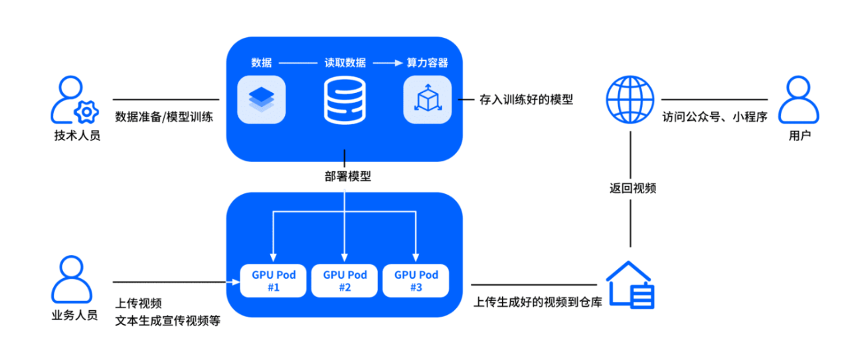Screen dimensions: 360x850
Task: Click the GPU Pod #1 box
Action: pyautogui.click(x=273, y=280)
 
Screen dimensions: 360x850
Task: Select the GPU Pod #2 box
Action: pyautogui.click(x=345, y=280)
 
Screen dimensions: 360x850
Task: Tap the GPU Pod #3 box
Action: pyautogui.click(x=416, y=280)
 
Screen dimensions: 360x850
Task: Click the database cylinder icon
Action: pyautogui.click(x=345, y=100)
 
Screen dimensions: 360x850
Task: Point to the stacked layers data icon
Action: pyautogui.click(x=261, y=100)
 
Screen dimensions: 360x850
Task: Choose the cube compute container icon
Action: pyautogui.click(x=427, y=100)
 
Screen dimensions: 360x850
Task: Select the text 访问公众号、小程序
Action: pyautogui.click(x=715, y=118)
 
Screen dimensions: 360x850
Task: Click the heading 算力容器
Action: pyautogui.click(x=427, y=63)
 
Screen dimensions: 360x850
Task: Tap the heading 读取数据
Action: pyautogui.click(x=345, y=63)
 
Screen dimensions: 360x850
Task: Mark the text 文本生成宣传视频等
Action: pyautogui.click(x=167, y=321)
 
